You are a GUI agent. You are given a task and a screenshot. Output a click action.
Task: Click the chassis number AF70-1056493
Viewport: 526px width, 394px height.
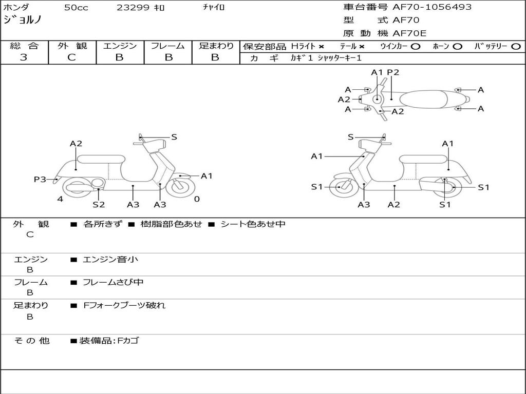point(432,7)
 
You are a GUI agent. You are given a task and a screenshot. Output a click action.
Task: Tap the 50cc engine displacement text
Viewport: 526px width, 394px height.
point(76,8)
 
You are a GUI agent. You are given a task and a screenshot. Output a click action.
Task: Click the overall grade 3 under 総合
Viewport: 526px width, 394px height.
point(24,57)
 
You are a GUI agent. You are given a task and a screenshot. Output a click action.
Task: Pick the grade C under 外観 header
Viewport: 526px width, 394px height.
point(71,57)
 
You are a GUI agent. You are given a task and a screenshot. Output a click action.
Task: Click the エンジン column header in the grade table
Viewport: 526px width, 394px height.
point(120,46)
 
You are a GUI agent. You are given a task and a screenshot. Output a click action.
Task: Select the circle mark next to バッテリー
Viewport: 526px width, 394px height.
point(516,47)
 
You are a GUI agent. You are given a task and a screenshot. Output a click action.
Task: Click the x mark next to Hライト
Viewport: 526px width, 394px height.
point(322,47)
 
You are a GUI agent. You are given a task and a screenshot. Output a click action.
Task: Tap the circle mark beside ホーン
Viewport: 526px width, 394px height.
point(457,47)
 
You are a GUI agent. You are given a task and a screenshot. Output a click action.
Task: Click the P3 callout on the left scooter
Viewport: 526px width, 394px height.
point(40,180)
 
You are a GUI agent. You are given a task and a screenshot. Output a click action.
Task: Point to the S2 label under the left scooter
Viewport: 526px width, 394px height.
point(99,204)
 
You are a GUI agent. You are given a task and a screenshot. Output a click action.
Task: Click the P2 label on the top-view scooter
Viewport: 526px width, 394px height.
point(393,72)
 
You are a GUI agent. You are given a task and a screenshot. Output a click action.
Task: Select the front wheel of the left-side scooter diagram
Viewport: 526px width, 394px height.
point(180,187)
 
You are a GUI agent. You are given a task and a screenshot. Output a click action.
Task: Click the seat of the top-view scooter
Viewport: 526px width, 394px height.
point(423,100)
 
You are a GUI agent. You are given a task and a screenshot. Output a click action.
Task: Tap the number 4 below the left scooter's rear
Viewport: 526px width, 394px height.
point(60,199)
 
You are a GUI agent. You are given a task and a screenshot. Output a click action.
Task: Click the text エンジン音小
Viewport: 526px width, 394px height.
point(110,259)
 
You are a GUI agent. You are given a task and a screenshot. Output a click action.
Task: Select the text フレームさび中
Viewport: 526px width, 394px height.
point(113,283)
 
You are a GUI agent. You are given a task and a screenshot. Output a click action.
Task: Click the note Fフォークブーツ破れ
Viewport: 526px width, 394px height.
point(124,306)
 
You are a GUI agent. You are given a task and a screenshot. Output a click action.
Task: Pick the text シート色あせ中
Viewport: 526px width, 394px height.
point(253,224)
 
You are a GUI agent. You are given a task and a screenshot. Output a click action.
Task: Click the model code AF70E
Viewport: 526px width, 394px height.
point(409,33)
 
